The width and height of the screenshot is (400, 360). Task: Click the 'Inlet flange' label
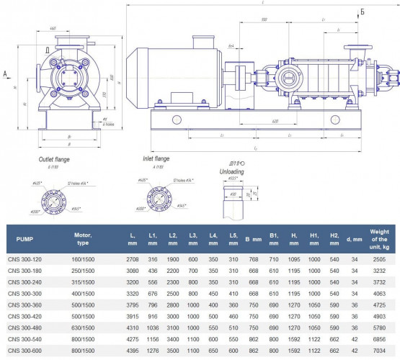tap(157, 159)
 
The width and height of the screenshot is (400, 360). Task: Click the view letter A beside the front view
tap(5, 73)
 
